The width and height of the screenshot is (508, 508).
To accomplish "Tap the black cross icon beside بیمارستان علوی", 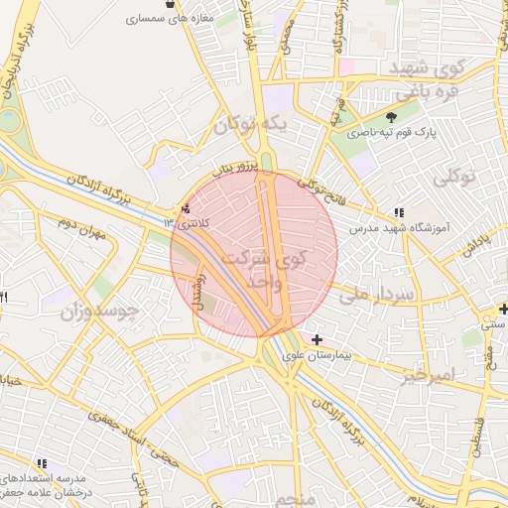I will click(317, 340).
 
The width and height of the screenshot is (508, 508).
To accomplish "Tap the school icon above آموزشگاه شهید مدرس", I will click(399, 212).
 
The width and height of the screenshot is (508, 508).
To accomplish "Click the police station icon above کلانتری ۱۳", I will click(186, 209).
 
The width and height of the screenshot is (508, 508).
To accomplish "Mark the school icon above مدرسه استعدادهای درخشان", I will click(42, 463).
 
